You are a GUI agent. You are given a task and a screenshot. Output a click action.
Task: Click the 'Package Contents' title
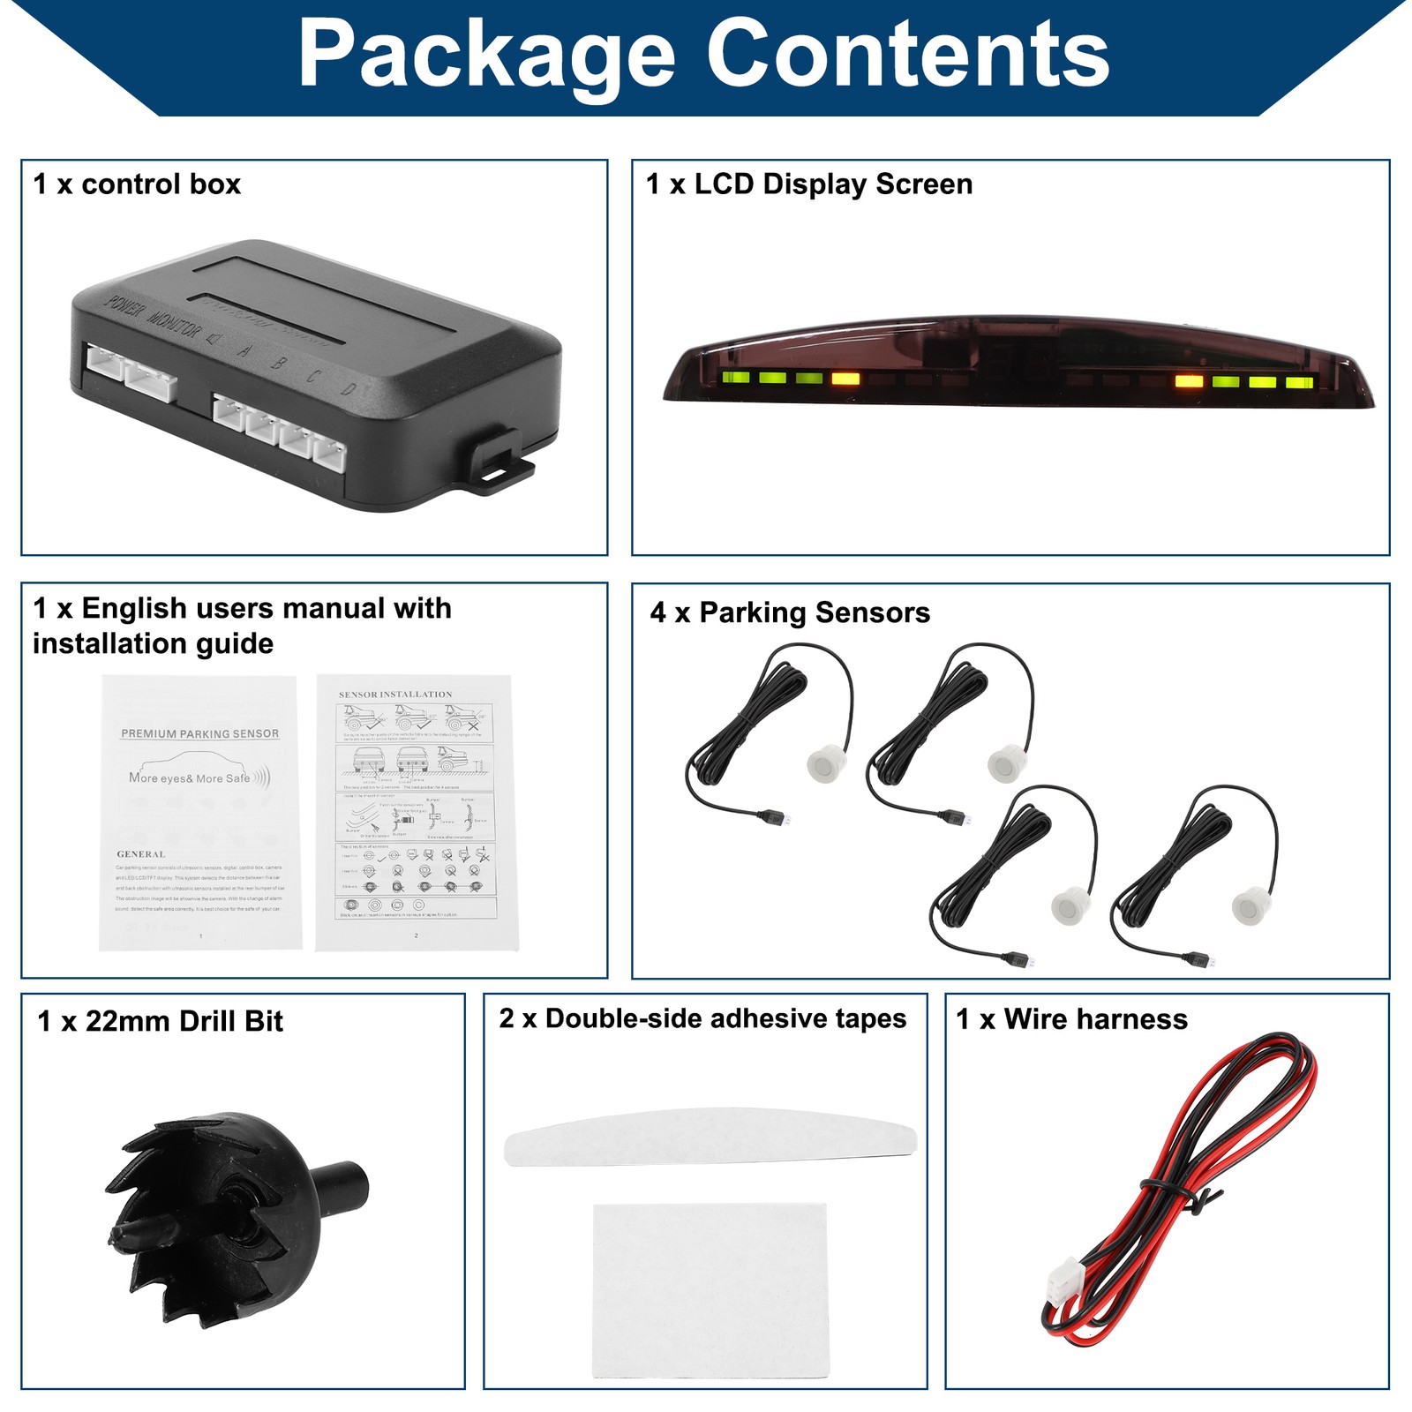tap(703, 55)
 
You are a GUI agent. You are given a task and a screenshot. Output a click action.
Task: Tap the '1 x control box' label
tap(137, 184)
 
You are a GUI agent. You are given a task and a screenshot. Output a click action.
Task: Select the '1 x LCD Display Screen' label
tap(808, 184)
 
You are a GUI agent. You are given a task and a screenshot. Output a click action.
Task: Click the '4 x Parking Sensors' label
tap(790, 612)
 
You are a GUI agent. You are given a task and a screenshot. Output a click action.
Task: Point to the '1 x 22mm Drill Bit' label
tap(160, 1021)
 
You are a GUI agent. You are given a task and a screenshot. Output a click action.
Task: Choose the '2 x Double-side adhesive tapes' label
tap(702, 1018)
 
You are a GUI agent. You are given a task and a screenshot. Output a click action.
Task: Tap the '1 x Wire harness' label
tap(1071, 1019)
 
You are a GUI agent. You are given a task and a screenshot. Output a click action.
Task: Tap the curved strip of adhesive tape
tap(710, 1136)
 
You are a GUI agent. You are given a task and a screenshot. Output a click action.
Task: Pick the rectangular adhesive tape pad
tap(710, 1288)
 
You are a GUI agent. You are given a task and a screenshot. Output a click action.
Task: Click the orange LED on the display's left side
tap(845, 379)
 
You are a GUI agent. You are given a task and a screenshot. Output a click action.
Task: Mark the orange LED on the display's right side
tap(1189, 382)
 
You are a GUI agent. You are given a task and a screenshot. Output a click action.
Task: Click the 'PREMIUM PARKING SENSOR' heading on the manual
tap(199, 733)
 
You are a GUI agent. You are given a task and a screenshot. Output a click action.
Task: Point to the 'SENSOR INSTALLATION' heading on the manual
tap(394, 695)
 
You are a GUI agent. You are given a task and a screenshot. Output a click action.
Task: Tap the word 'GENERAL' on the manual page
tap(140, 854)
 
